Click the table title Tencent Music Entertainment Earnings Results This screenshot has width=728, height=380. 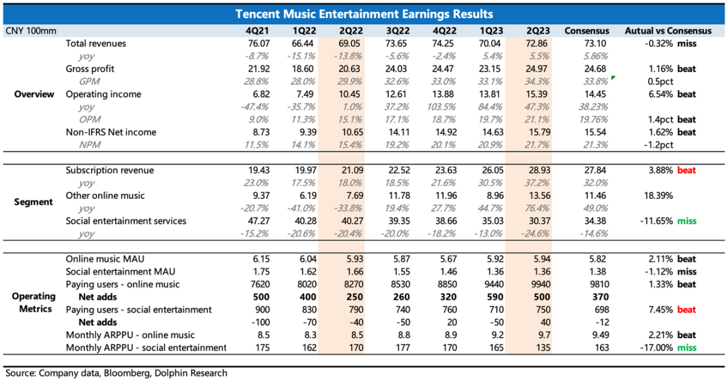[364, 14]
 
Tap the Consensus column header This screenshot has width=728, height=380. [586, 30]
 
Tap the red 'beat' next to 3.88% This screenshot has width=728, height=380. [686, 170]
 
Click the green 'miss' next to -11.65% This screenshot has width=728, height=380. [686, 221]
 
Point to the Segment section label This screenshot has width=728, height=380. [34, 202]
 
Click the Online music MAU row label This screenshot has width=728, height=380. [104, 259]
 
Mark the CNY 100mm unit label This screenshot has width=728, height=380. [31, 30]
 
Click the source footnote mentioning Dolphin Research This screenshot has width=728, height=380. [117, 373]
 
